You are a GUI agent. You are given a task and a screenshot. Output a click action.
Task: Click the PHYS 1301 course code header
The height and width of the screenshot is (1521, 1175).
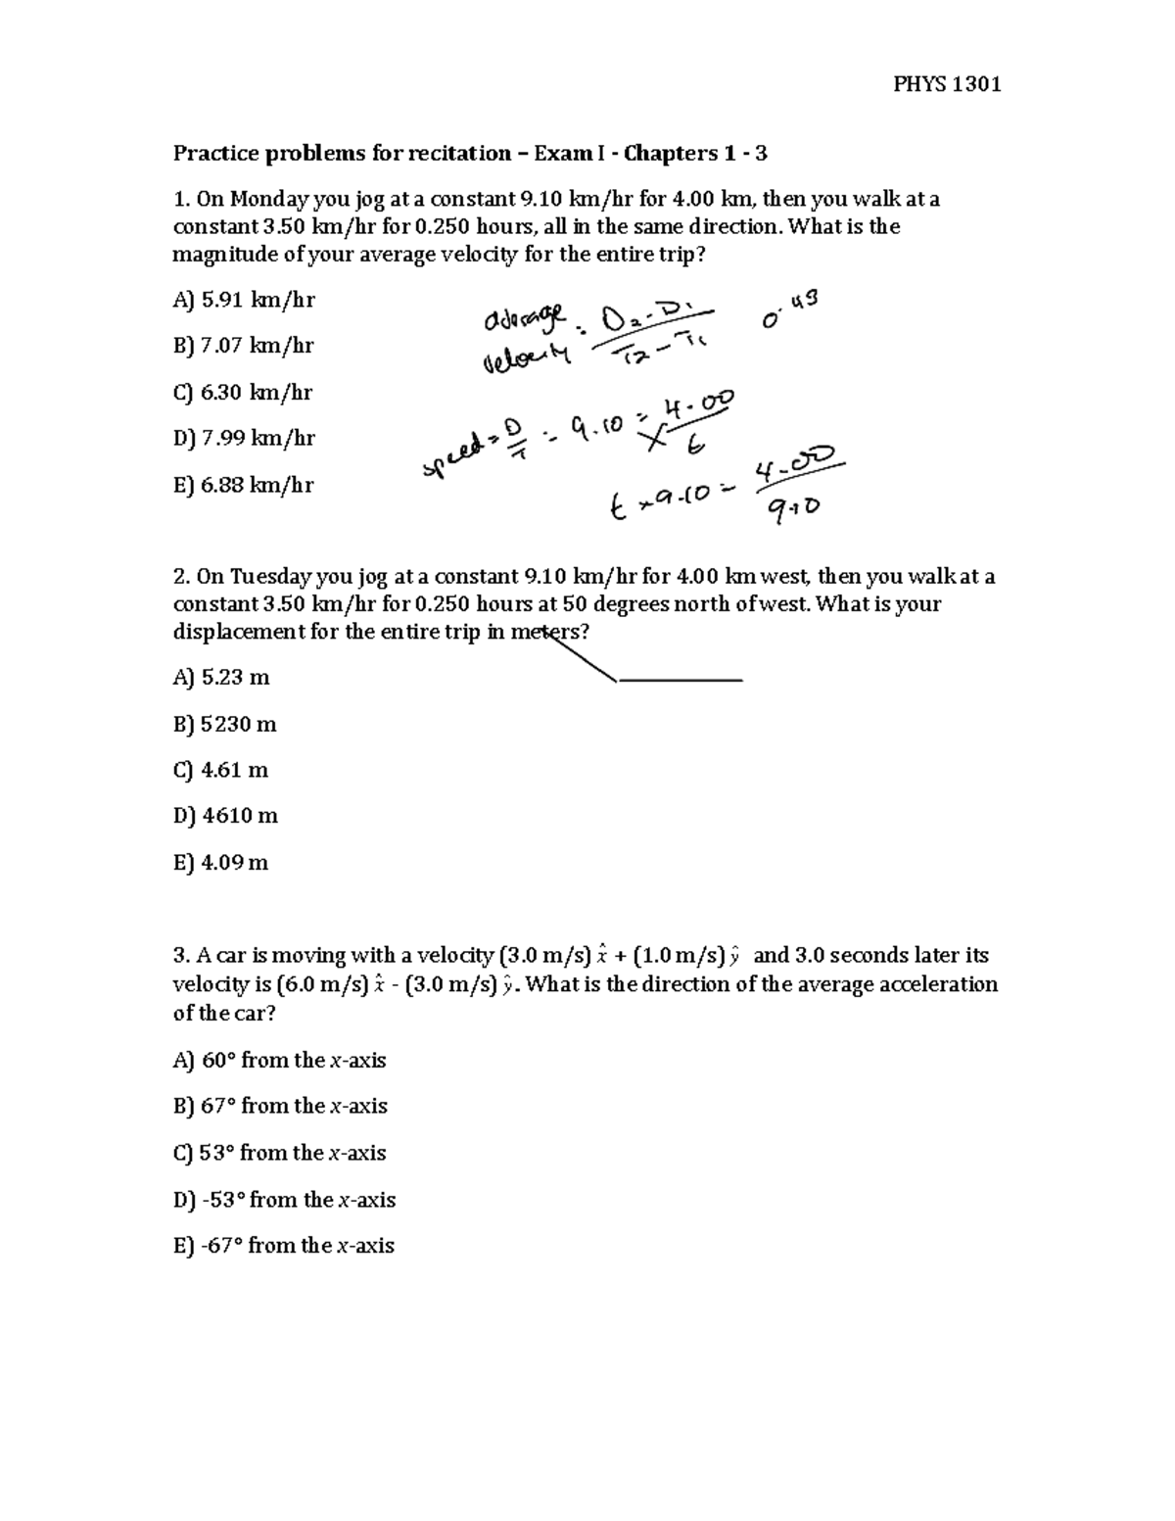pyautogui.click(x=947, y=84)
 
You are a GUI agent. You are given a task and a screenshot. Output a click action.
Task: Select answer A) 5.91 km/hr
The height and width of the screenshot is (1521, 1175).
pyautogui.click(x=244, y=301)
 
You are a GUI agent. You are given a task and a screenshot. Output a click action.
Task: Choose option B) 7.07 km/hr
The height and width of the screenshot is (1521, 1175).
pyautogui.click(x=243, y=346)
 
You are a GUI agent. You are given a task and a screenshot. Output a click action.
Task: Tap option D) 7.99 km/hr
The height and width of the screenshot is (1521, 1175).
pyautogui.click(x=244, y=439)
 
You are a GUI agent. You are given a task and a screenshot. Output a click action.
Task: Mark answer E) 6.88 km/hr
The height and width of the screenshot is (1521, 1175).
pyautogui.click(x=243, y=485)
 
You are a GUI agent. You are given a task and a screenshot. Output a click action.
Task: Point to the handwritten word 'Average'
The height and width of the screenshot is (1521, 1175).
pyautogui.click(x=523, y=320)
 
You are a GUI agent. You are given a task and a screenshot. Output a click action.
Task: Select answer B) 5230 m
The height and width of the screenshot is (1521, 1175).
pyautogui.click(x=224, y=725)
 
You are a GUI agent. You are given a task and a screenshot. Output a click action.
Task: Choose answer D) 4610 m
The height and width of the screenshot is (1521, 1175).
pyautogui.click(x=225, y=816)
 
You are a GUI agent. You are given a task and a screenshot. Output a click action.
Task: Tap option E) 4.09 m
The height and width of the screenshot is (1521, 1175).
pyautogui.click(x=220, y=863)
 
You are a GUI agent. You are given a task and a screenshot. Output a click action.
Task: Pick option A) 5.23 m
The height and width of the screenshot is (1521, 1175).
pyautogui.click(x=220, y=678)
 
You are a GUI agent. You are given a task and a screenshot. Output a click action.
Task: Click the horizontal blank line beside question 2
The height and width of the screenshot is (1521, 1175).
pyautogui.click(x=680, y=679)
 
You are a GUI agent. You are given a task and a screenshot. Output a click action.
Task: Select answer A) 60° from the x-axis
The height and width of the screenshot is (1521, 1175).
pyautogui.click(x=279, y=1061)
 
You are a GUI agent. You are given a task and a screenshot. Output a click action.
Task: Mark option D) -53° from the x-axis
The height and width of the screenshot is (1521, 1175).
pyautogui.click(x=284, y=1200)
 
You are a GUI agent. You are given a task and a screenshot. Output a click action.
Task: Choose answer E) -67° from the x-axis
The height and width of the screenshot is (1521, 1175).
pyautogui.click(x=283, y=1246)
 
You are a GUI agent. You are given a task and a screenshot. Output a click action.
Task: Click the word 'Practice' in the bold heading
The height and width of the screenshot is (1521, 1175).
pyautogui.click(x=215, y=154)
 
